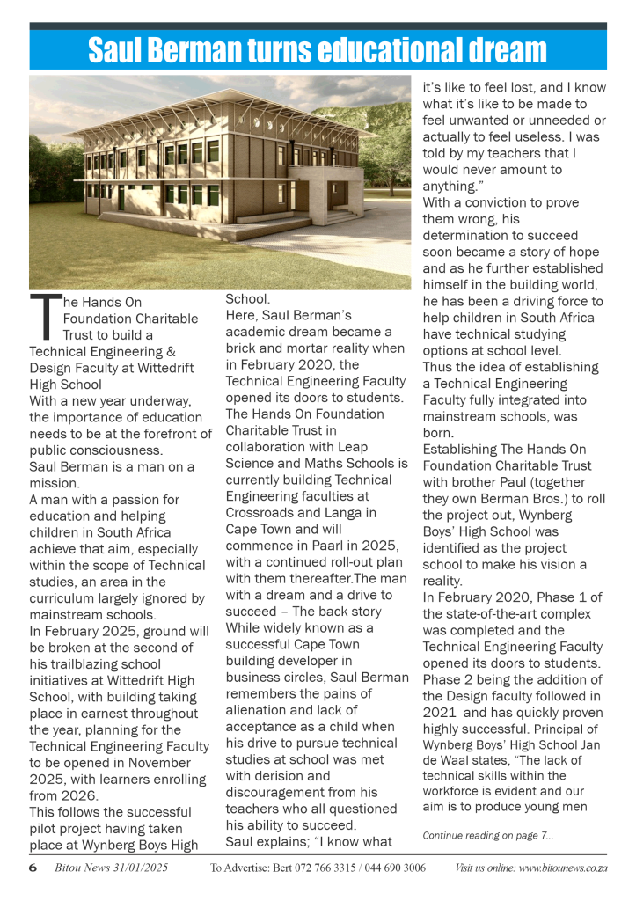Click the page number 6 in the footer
click(33, 868)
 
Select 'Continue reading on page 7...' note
click(488, 835)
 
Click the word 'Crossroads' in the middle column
click(263, 513)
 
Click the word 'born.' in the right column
click(440, 434)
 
